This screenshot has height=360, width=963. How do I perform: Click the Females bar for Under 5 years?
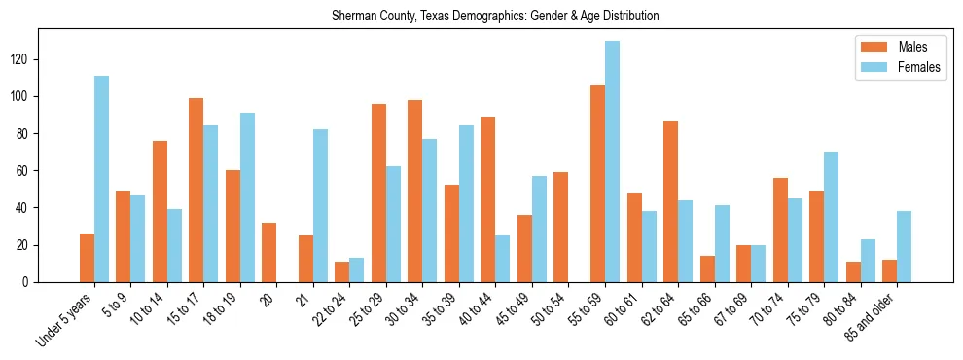[x=101, y=179]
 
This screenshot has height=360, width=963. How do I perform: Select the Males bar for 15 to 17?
[x=196, y=190]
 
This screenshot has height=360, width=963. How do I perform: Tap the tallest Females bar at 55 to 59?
[x=612, y=162]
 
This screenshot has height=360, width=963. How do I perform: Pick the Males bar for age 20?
[x=269, y=252]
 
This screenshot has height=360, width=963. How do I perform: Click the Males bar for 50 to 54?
[x=561, y=227]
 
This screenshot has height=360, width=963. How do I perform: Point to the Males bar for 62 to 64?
[x=670, y=201]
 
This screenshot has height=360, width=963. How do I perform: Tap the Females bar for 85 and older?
[x=904, y=246]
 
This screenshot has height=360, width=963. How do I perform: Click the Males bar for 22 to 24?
[x=342, y=271]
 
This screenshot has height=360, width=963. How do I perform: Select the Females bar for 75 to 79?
[x=831, y=217]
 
